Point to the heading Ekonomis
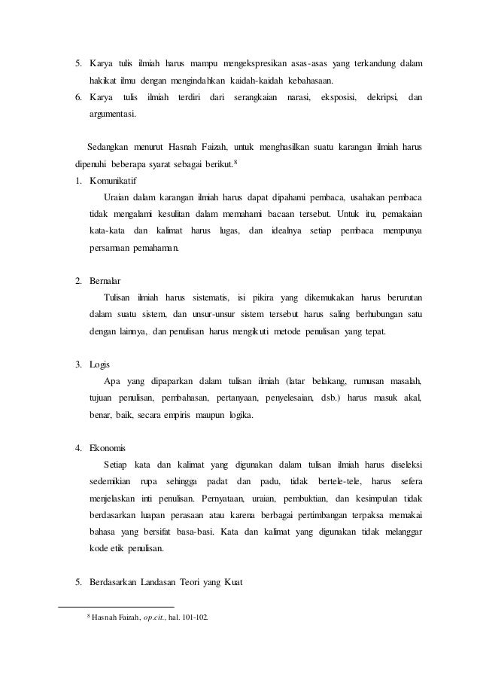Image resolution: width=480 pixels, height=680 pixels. (x=111, y=449)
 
